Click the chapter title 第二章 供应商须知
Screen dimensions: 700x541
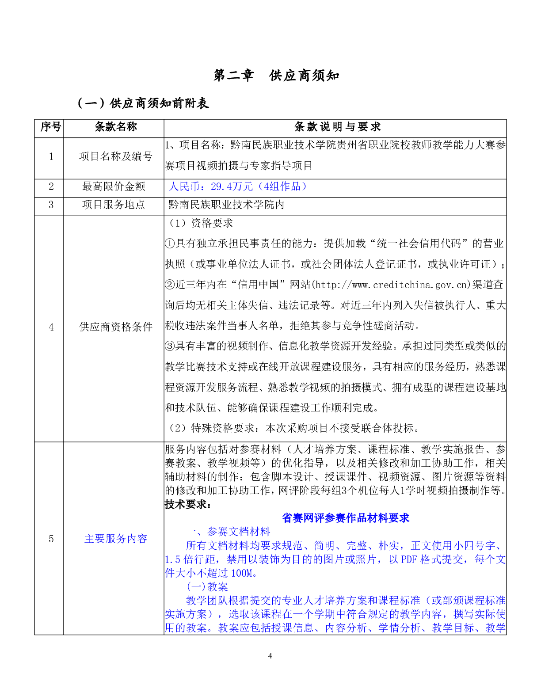point(277,76)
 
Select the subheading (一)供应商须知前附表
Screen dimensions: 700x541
point(143,103)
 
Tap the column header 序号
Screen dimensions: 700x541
point(50,127)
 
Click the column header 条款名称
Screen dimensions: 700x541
point(116,127)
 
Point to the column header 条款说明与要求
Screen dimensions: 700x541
point(337,127)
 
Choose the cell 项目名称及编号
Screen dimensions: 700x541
point(116,156)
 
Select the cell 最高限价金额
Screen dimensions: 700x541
point(114,186)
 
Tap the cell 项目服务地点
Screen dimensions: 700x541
point(114,205)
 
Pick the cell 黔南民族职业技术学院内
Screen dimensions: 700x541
point(226,205)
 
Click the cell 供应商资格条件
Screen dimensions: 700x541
point(116,327)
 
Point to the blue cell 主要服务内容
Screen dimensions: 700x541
point(116,539)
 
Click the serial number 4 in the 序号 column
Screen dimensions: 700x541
point(51,327)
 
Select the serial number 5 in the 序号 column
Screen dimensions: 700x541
point(51,539)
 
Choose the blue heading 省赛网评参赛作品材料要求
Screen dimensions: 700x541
point(346,518)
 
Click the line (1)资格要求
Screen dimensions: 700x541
point(201,223)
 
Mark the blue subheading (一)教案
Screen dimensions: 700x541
point(207,587)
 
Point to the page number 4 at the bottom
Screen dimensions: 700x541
point(270,656)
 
